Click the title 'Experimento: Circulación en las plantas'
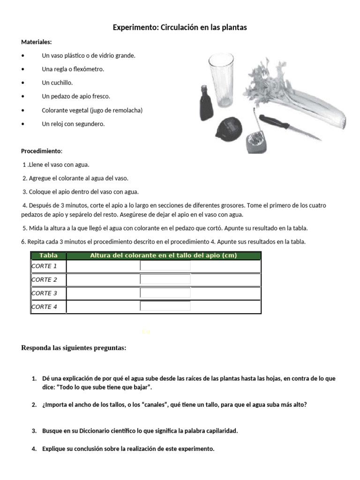180,28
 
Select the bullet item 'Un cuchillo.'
57,82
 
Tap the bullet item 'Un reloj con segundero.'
73,124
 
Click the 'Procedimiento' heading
41,151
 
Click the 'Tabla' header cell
49,255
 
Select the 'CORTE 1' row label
44,266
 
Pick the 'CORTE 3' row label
44,293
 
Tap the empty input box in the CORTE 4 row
165,307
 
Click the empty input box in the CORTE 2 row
165,279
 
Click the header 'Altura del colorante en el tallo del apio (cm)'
163,255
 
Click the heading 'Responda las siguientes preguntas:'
74,348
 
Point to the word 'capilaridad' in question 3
221,431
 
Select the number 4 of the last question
34,449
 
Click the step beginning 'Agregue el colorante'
75,178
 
